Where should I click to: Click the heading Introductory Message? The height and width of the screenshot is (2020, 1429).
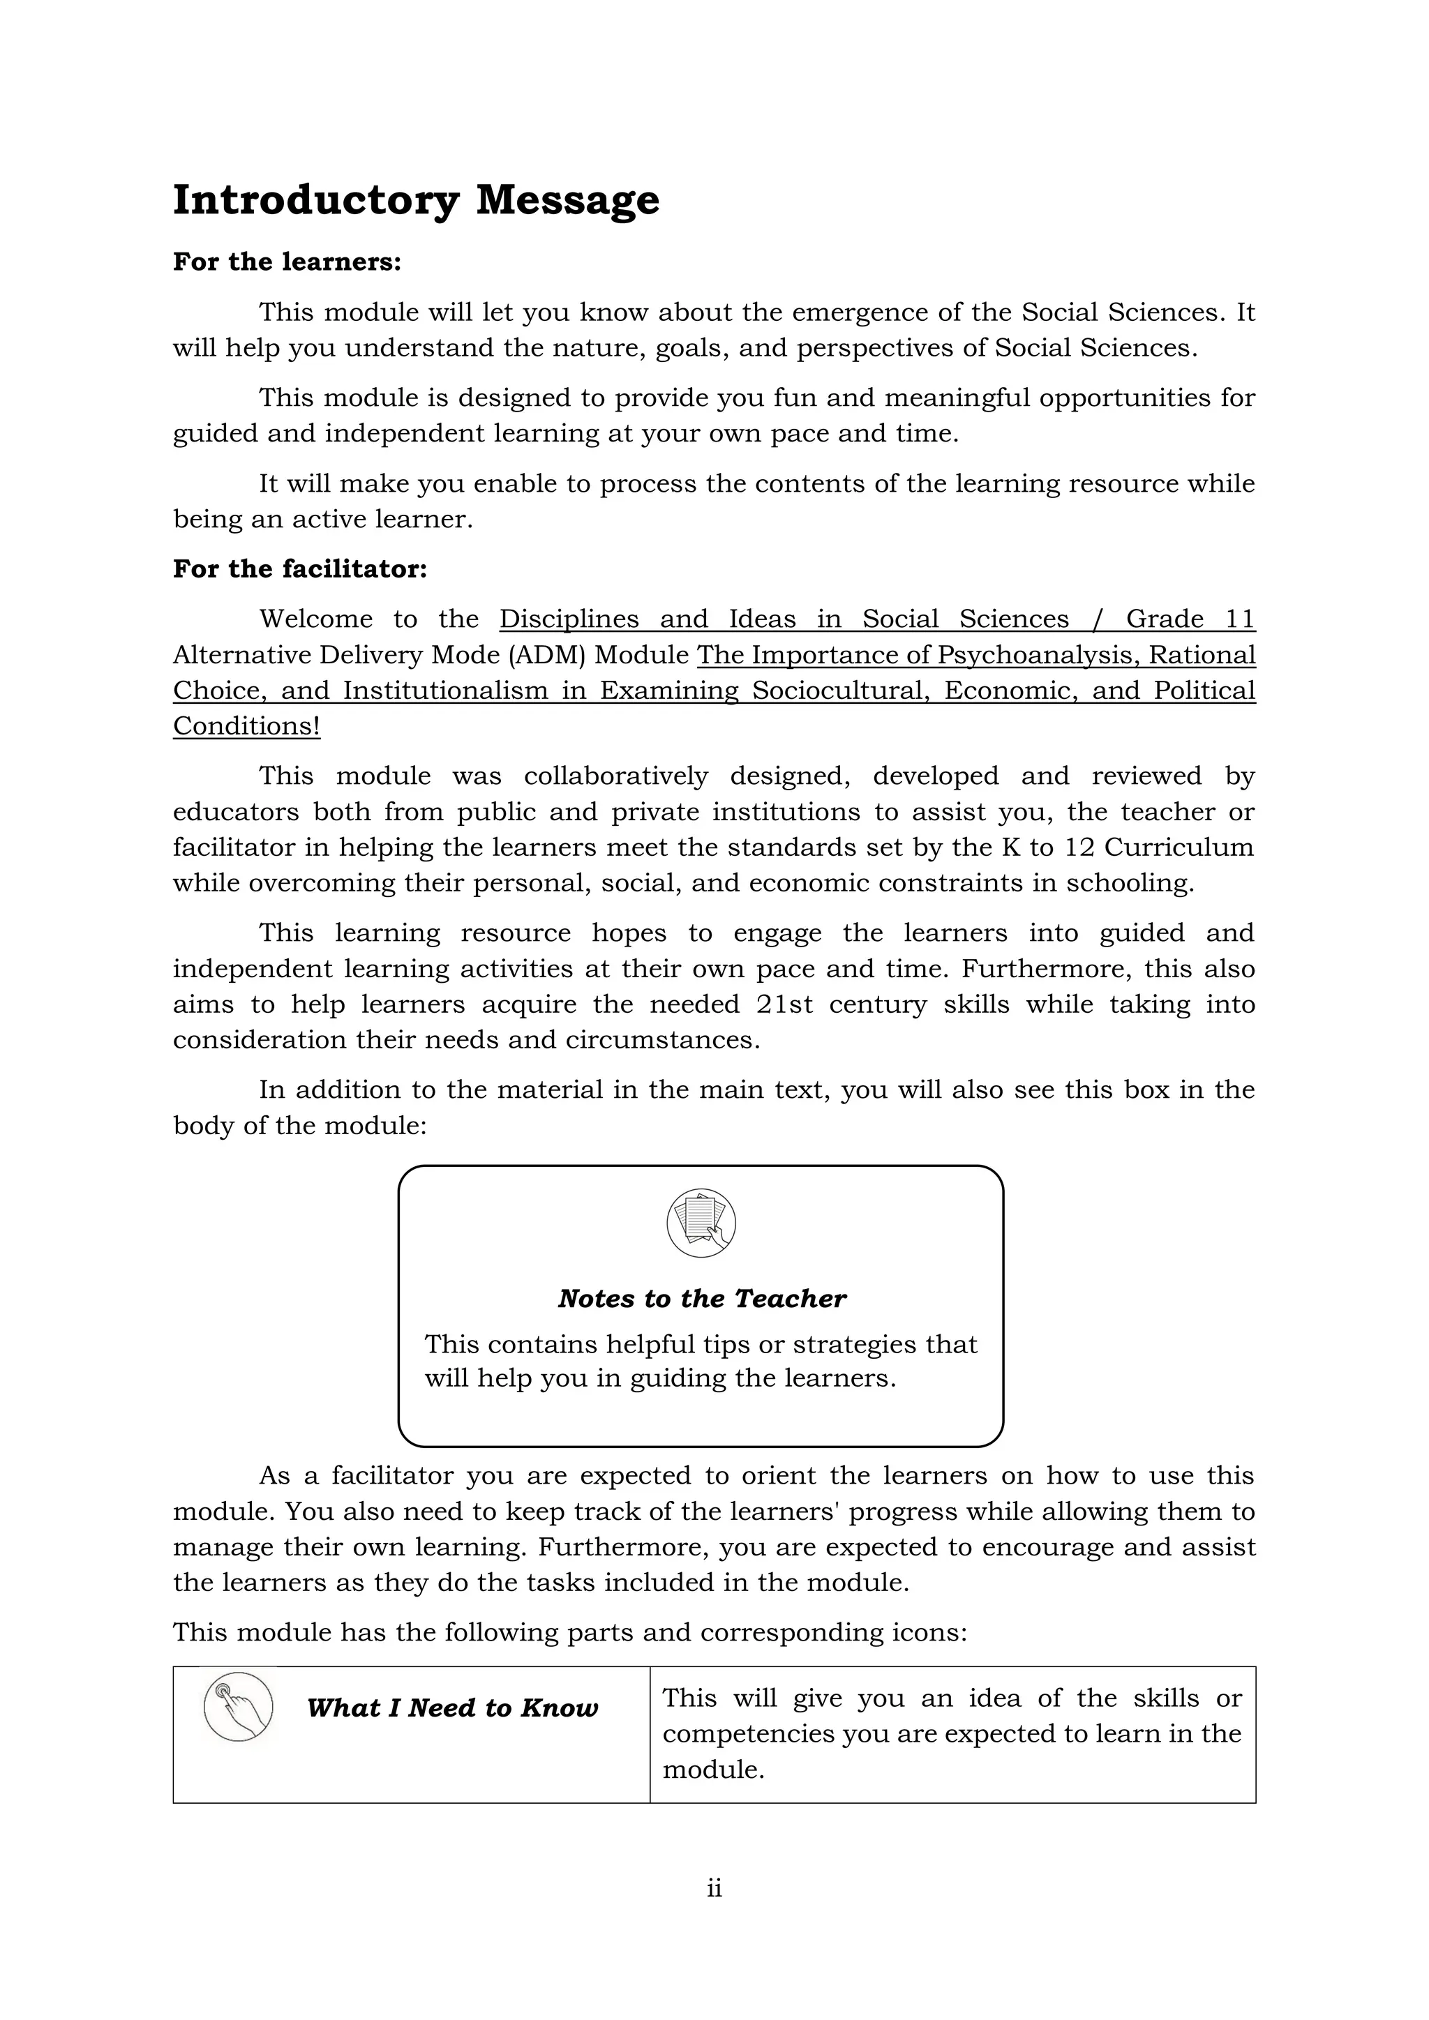[415, 201]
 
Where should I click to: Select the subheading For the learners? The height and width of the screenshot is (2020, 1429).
[287, 262]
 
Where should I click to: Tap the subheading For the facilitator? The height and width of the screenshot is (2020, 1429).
[299, 569]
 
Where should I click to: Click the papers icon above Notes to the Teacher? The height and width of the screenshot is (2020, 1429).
[701, 1223]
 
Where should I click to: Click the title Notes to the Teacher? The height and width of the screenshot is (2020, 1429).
[701, 1299]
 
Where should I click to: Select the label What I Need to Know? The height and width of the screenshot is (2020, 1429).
[452, 1708]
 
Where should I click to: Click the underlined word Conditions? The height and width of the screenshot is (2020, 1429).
[246, 727]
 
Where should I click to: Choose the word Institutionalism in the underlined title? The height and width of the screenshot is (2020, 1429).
[445, 691]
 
